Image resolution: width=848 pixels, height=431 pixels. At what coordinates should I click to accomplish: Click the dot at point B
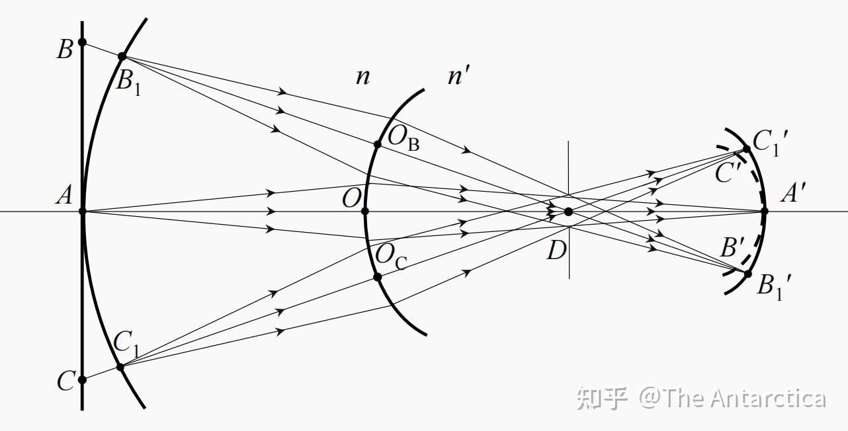pyautogui.click(x=82, y=42)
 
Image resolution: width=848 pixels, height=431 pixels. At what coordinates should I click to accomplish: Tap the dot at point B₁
pyautogui.click(x=122, y=56)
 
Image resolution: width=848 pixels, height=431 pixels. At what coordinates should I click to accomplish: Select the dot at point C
pyautogui.click(x=82, y=380)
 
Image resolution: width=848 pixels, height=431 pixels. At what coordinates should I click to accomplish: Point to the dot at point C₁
pyautogui.click(x=120, y=366)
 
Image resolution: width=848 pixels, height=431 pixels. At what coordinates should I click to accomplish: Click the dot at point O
pyautogui.click(x=364, y=212)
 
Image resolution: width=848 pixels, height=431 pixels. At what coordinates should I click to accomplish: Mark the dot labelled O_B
pyautogui.click(x=378, y=144)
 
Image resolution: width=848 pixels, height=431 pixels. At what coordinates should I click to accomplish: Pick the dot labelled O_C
pyautogui.click(x=378, y=277)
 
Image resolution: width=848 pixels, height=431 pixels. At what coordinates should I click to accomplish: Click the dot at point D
pyautogui.click(x=568, y=212)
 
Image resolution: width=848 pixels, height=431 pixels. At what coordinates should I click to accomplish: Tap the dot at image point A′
pyautogui.click(x=765, y=212)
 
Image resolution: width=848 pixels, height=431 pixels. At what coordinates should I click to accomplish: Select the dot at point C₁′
pyautogui.click(x=747, y=149)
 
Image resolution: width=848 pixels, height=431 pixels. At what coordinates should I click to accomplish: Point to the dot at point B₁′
pyautogui.click(x=748, y=274)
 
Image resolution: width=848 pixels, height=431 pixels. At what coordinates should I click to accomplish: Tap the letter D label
pyautogui.click(x=556, y=251)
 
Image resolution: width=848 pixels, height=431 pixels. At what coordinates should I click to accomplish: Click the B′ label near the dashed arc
pyautogui.click(x=733, y=249)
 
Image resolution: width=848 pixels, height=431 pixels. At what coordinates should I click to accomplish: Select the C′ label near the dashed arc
pyautogui.click(x=728, y=173)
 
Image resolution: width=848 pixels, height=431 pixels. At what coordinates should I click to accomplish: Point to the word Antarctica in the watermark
pyautogui.click(x=768, y=398)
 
